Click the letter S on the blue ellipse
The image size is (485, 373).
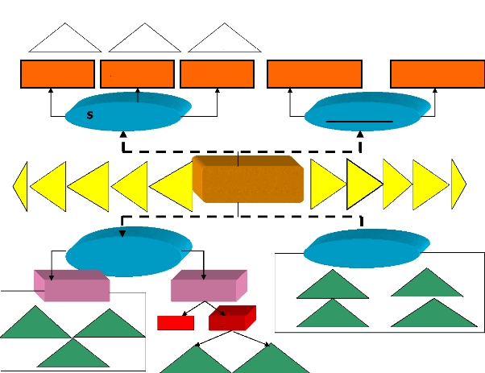click(90, 115)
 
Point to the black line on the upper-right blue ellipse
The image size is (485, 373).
click(359, 121)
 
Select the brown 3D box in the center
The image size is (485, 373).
click(248, 181)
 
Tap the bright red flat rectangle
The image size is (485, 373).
click(176, 323)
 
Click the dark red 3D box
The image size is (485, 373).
click(230, 319)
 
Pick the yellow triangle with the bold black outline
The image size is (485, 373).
click(362, 185)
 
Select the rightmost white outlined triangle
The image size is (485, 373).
click(218, 39)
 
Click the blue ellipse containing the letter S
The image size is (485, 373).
click(129, 113)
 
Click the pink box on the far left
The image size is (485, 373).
click(71, 287)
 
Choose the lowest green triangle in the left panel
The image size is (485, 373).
click(73, 354)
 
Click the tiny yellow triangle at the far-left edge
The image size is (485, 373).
click(21, 185)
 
